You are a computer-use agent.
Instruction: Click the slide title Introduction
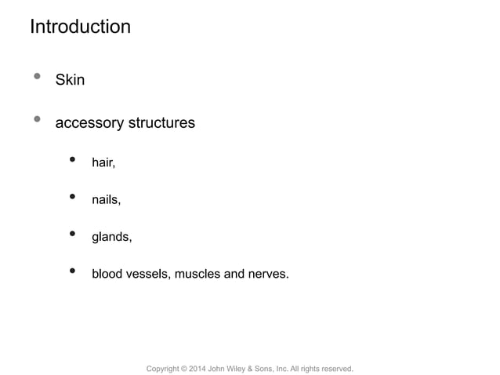(80, 27)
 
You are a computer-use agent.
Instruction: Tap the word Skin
(70, 80)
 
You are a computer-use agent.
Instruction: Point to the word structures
(161, 123)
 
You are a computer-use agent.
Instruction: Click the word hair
(103, 162)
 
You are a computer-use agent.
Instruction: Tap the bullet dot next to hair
(73, 160)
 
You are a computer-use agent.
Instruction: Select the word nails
(106, 199)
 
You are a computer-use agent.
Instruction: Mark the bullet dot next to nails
(73, 197)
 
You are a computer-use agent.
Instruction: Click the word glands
(111, 236)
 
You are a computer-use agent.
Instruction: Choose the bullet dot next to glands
(73, 234)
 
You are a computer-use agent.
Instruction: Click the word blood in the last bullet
(108, 274)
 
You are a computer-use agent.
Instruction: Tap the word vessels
(148, 274)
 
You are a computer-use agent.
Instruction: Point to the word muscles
(198, 274)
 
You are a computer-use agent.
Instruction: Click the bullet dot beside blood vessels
(73, 271)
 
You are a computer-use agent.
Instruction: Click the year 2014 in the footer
(199, 368)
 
